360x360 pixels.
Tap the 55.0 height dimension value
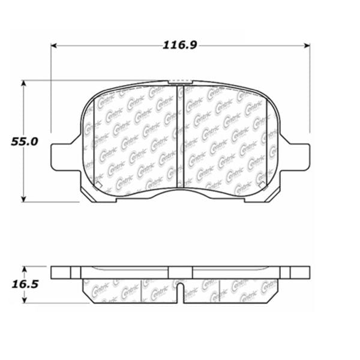pos(26,142)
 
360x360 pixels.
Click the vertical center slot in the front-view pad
pos(180,135)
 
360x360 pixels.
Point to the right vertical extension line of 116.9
pos(310,90)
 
